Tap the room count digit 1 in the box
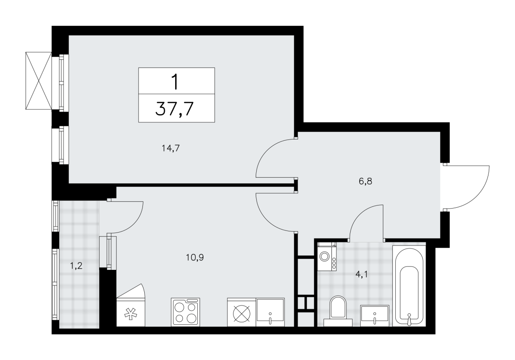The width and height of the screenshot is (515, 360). tap(176, 82)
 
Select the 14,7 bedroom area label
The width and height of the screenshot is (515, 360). tap(171, 148)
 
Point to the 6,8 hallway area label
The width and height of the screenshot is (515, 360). tap(365, 181)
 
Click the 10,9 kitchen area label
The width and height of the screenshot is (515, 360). tap(195, 257)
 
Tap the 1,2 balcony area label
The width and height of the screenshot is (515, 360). tap(76, 266)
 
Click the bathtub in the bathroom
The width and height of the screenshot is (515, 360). tap(409, 285)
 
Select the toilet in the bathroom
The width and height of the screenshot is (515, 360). tap(338, 311)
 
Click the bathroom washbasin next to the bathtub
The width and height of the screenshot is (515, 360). tap(375, 316)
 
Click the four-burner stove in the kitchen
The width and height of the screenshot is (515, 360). tap(185, 312)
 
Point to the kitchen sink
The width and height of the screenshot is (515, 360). tap(270, 312)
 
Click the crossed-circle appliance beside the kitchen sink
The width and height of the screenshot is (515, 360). tap(242, 312)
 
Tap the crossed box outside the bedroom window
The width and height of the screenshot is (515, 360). tap(39, 81)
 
